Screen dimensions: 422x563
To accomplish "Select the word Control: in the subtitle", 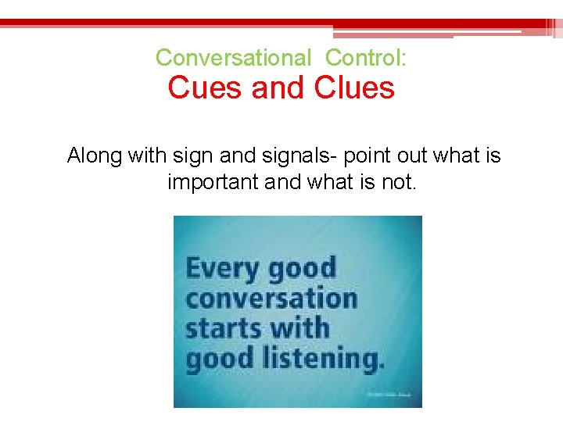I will (x=366, y=58).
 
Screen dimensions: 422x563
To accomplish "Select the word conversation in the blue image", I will (x=271, y=299).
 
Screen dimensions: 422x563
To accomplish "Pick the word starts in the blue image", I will (x=216, y=328).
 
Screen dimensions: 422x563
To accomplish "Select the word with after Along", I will (x=146, y=156).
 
